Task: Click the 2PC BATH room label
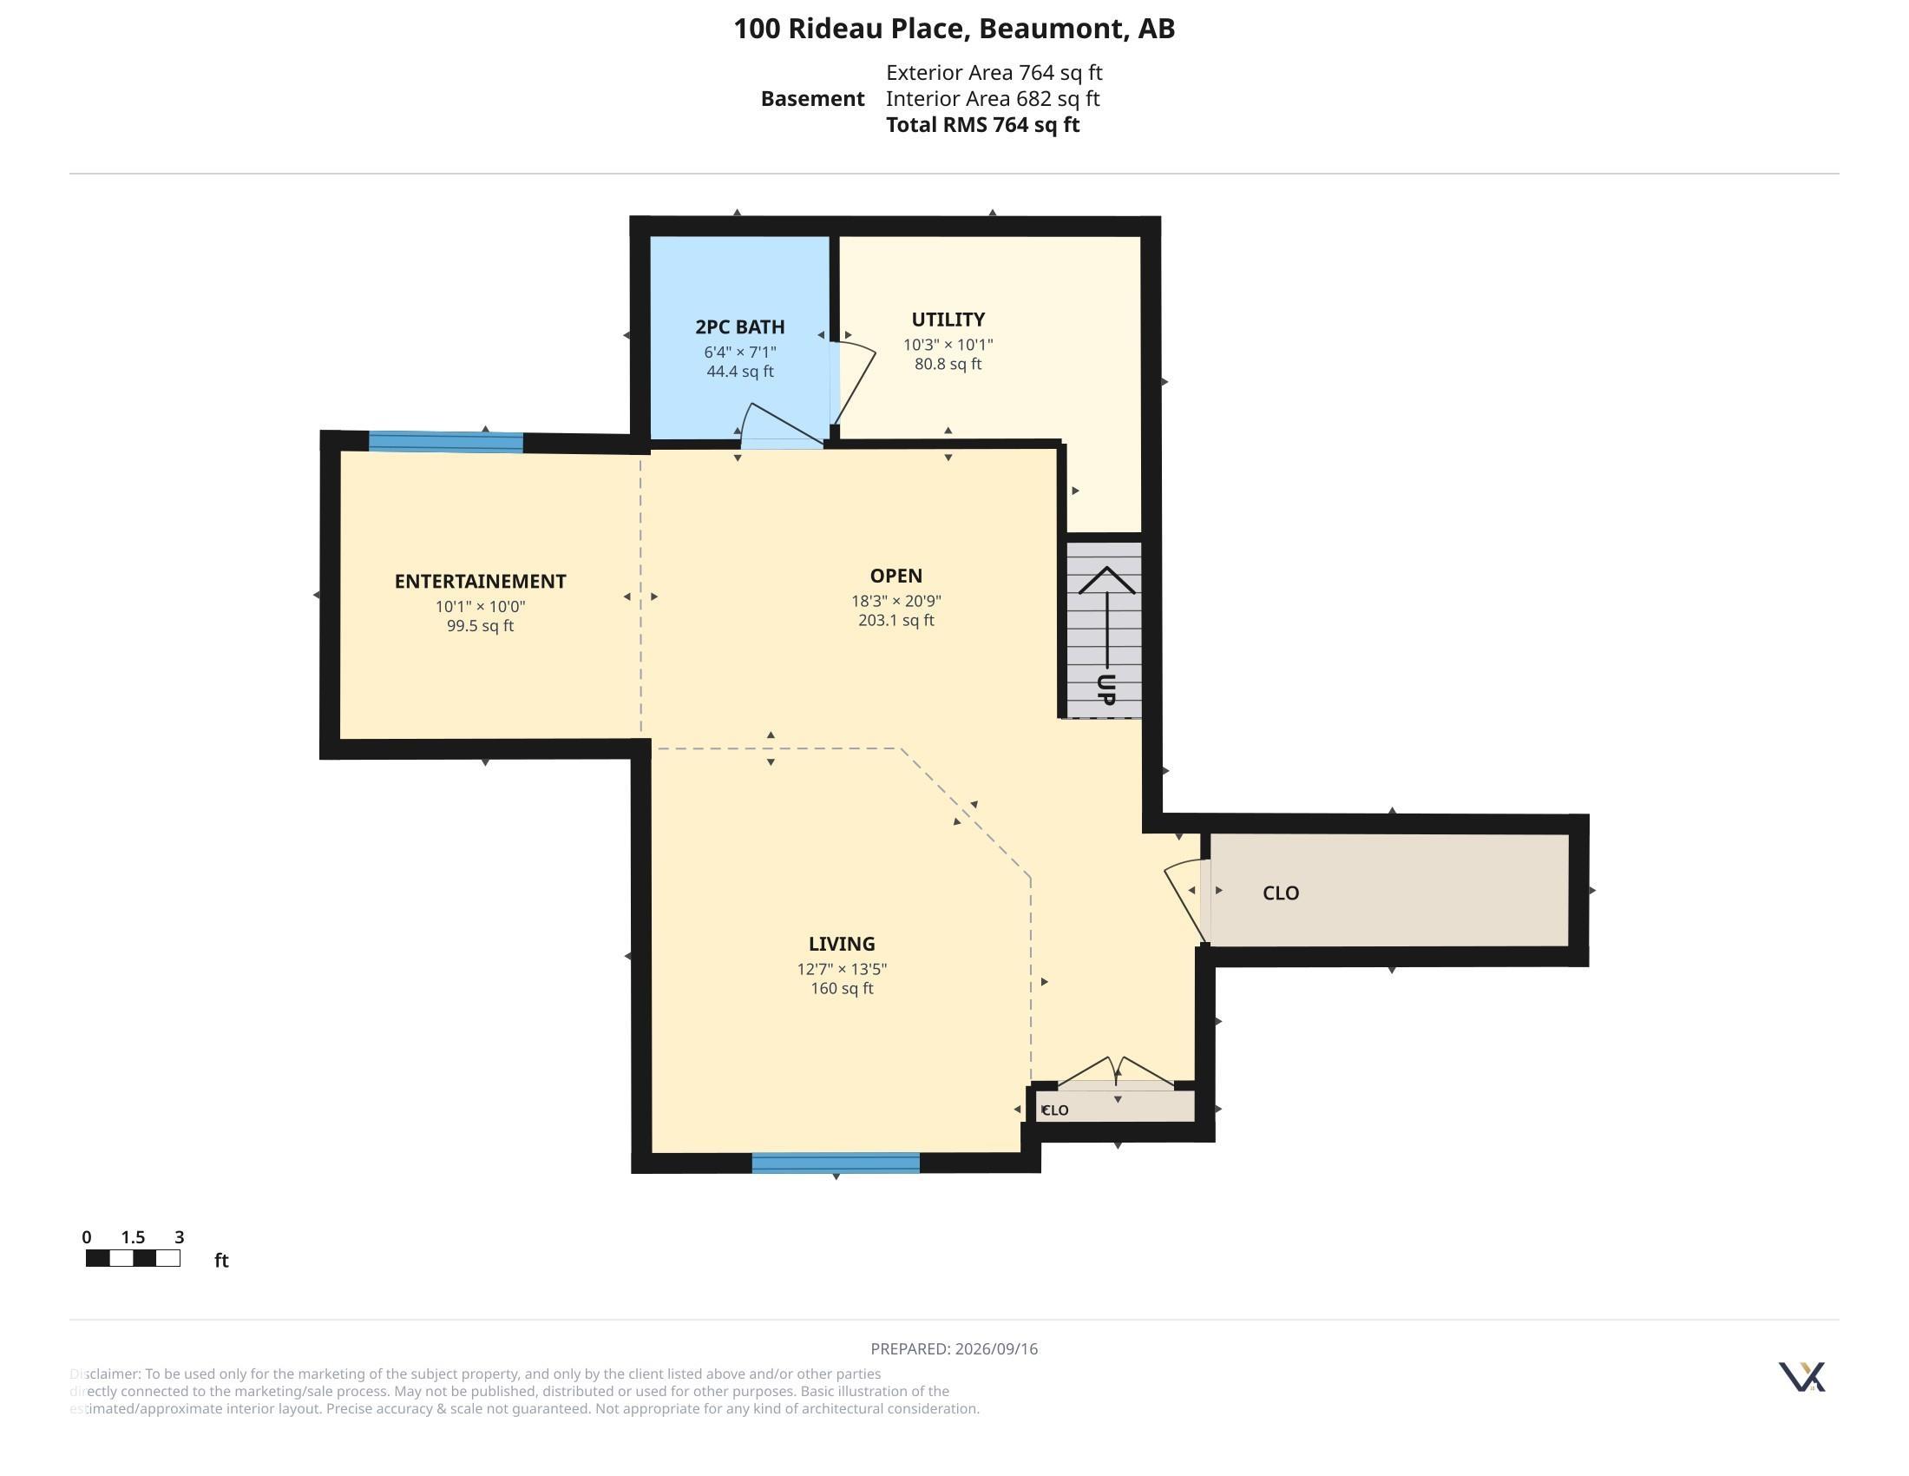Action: [x=739, y=327]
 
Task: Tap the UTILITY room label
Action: [x=948, y=320]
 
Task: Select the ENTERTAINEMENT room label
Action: [x=480, y=582]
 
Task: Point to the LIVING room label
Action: [x=842, y=944]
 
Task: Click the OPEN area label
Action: [x=896, y=576]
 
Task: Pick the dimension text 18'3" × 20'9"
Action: [x=896, y=601]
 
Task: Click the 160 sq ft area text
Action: [x=842, y=988]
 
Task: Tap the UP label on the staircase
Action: [x=1106, y=690]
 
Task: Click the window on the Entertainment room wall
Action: [x=446, y=442]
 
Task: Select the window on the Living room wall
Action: [x=836, y=1162]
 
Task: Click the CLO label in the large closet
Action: [x=1281, y=893]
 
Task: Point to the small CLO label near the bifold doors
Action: [x=1055, y=1110]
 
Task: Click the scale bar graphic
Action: [x=133, y=1258]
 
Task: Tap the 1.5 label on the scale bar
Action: [x=133, y=1236]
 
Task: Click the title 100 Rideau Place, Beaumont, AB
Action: [x=954, y=29]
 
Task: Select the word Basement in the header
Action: [x=812, y=98]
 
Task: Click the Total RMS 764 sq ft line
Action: [x=982, y=124]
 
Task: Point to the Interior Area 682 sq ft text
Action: [x=992, y=98]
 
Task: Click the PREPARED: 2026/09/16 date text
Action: [x=954, y=1348]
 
